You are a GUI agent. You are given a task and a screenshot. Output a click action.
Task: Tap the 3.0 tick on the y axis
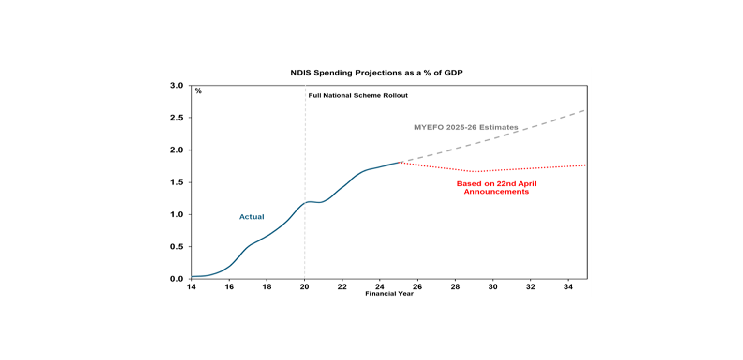(x=177, y=86)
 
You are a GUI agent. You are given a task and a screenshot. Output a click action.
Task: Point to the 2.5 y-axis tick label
(x=177, y=118)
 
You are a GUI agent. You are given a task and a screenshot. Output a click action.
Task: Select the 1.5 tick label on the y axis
(x=177, y=182)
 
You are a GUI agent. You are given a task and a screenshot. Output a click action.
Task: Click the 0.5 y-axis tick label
(x=177, y=247)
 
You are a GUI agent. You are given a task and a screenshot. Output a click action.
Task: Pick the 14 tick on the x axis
(x=192, y=286)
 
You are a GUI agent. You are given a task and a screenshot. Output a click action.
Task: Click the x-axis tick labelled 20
(x=305, y=286)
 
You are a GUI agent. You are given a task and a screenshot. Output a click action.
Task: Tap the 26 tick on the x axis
(x=417, y=286)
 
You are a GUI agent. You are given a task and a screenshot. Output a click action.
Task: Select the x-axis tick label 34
(x=568, y=286)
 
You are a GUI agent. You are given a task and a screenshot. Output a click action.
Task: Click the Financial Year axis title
(x=389, y=294)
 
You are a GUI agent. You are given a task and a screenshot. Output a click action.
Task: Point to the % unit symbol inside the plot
(x=198, y=91)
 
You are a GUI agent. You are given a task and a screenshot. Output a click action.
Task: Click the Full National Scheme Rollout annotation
(x=358, y=95)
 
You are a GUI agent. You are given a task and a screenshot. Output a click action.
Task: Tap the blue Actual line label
(x=252, y=217)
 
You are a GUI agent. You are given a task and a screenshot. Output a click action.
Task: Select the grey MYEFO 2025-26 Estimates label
(x=466, y=127)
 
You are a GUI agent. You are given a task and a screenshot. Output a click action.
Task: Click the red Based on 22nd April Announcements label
(x=496, y=188)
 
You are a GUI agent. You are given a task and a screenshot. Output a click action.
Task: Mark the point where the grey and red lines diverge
(x=399, y=163)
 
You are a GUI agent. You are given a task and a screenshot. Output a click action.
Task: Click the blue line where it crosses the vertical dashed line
(x=305, y=203)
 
